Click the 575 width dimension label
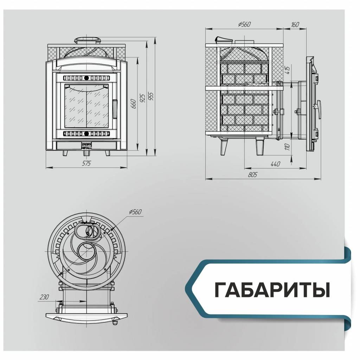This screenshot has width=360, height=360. (86, 163)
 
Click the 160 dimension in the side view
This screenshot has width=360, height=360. (295, 24)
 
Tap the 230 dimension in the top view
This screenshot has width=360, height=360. (44, 297)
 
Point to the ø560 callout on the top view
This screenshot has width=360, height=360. (135, 212)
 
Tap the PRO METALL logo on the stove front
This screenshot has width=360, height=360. (86, 146)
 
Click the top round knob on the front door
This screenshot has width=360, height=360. (86, 77)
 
